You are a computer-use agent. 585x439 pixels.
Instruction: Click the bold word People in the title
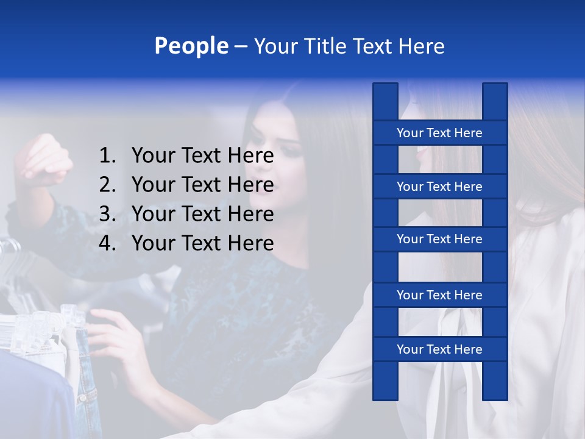tap(191, 46)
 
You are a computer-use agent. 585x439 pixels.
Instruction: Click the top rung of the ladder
tap(439, 133)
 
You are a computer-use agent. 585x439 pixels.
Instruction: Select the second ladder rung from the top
tap(439, 187)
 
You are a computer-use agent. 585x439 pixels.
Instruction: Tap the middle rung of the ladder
tap(439, 240)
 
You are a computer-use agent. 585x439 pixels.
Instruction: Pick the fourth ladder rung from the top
tap(439, 295)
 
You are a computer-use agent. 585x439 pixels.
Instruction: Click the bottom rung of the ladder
tap(439, 349)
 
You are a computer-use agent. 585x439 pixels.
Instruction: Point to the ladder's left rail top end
tap(385, 87)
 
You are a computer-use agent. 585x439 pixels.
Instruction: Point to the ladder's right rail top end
tap(495, 87)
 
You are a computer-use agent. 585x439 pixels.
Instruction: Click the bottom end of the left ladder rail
tap(385, 397)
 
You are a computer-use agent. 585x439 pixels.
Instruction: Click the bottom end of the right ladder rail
tap(495, 397)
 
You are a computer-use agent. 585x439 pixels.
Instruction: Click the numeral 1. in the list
tap(107, 156)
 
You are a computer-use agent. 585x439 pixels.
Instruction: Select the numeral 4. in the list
tap(107, 243)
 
